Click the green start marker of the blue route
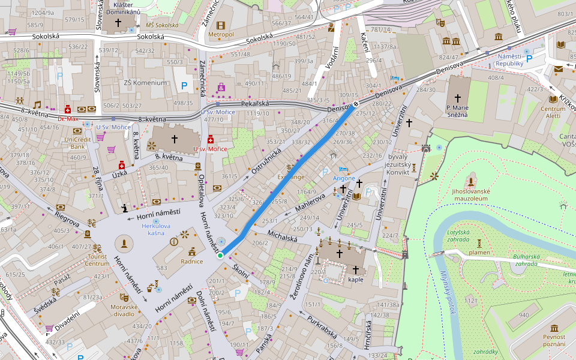point(220,256)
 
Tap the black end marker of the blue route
point(356,103)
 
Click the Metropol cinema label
point(221,34)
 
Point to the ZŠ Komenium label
point(145,83)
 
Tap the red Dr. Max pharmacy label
point(68,119)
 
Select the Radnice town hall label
point(192,262)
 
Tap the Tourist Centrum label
point(97,260)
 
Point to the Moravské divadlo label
point(124,310)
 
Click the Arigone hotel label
point(344,178)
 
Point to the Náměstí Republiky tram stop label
point(511,59)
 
